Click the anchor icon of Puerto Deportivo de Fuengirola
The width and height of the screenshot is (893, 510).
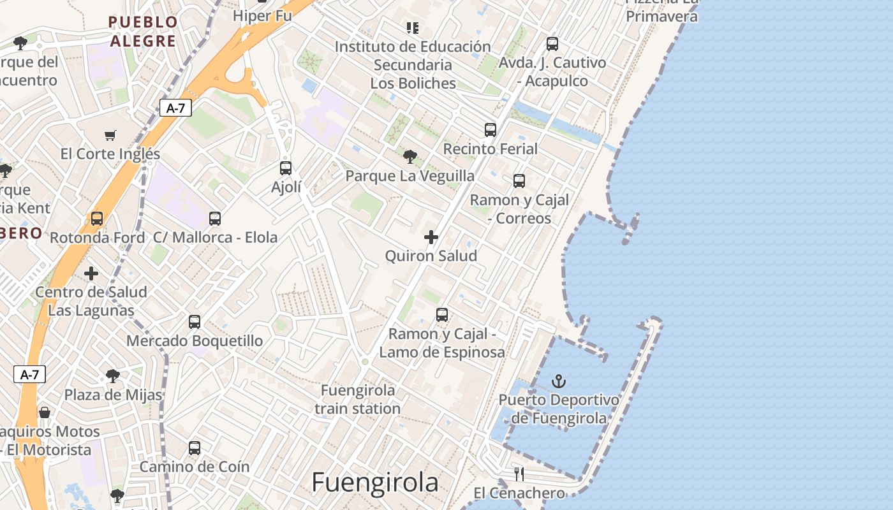point(559,381)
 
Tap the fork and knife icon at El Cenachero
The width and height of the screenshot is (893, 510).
point(519,474)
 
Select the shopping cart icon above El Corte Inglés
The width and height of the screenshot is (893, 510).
point(110,135)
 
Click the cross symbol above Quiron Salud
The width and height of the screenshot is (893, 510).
point(431,237)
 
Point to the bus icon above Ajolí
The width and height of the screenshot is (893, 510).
point(286,168)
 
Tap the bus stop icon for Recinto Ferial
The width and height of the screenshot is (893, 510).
point(491,130)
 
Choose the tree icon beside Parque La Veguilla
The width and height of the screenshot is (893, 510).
point(410,156)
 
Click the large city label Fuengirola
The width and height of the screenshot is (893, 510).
point(375,483)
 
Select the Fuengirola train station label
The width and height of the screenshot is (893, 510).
point(358,399)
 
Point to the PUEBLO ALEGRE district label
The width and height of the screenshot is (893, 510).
point(143,32)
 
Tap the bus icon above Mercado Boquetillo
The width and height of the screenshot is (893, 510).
point(195,322)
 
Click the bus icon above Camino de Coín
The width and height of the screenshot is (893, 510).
point(195,448)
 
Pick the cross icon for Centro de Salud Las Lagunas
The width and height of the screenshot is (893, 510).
point(91,273)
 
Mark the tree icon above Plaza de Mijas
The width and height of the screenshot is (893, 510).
point(113,375)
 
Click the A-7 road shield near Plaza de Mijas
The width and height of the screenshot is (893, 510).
point(30,374)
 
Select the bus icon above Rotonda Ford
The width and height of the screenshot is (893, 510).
point(97,219)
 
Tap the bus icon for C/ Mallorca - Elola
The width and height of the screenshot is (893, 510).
point(215,219)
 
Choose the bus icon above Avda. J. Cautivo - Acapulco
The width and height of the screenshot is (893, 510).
point(552,44)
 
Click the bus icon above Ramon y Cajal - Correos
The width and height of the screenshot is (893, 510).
point(519,181)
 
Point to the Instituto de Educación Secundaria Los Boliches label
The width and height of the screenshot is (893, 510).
point(413,64)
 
